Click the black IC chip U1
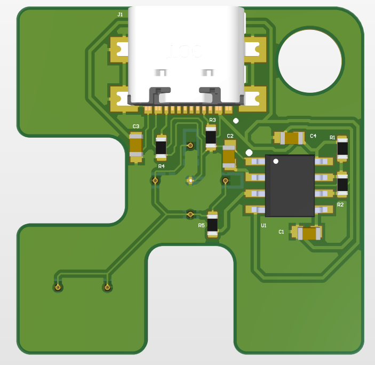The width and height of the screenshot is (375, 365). (x=290, y=185)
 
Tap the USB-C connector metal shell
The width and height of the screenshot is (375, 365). (x=185, y=53)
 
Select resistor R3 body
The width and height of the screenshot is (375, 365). (x=211, y=138)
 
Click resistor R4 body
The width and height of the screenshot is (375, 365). (x=161, y=147)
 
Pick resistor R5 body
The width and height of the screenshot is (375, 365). (x=212, y=224)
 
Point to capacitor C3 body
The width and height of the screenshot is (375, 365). (x=136, y=146)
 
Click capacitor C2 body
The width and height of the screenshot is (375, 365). (x=229, y=155)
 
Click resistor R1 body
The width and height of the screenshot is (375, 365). (x=342, y=148)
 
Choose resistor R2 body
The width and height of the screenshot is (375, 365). (x=342, y=184)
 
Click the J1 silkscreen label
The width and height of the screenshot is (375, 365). (x=120, y=14)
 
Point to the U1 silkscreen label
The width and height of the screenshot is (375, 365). (x=264, y=226)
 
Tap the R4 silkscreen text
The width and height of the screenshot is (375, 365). (x=161, y=166)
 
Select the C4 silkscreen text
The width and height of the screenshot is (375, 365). (x=313, y=136)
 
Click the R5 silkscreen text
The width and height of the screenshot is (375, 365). (x=201, y=225)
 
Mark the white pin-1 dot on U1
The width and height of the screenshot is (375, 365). (x=276, y=161)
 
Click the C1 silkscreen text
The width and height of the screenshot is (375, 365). (x=281, y=232)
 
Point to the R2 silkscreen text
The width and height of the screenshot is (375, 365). (x=340, y=204)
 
